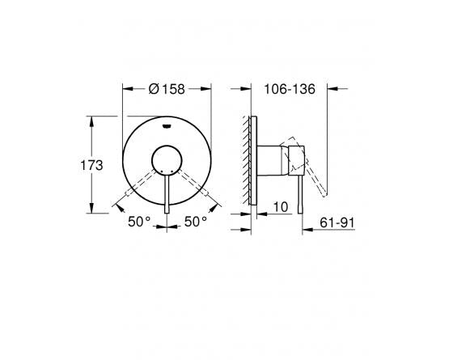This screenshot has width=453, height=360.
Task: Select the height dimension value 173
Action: coord(95,165)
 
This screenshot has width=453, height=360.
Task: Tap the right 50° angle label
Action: coord(195,220)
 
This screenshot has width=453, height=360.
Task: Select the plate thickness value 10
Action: coord(281,206)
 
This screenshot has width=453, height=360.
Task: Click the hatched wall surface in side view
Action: coord(246,158)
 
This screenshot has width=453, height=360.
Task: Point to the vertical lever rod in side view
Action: coord(302,190)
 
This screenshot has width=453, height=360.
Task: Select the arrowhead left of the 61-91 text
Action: coord(307,230)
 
